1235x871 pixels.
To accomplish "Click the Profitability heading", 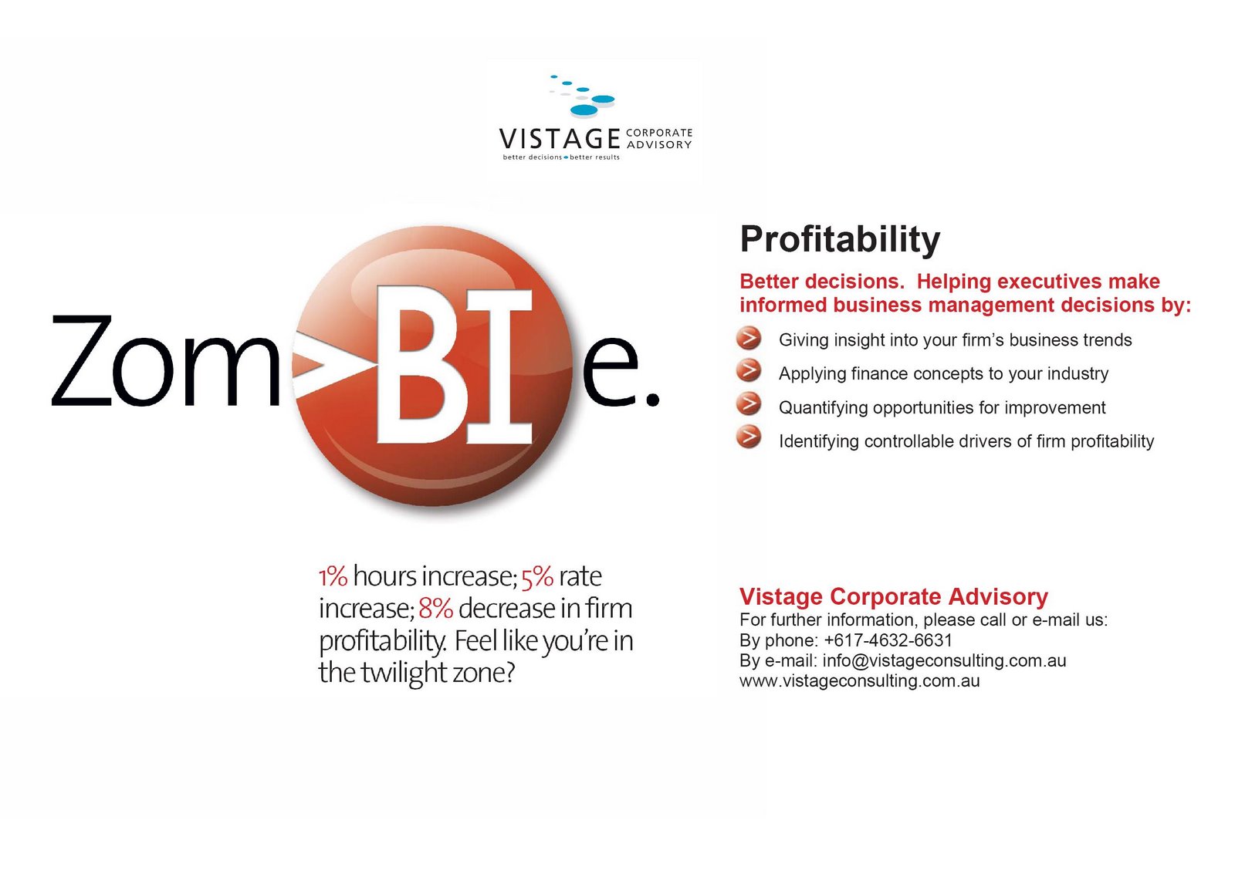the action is pos(840,240).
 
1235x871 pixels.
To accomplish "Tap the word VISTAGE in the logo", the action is pos(560,139).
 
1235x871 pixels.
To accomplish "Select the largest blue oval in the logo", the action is pos(584,110).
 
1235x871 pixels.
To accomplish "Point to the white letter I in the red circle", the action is pos(499,366).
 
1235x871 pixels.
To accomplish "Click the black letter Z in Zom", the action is pos(82,361).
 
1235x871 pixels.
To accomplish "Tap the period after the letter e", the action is pos(653,398).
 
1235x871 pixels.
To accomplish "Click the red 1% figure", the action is pos(333,577).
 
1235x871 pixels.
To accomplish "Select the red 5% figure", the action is pos(537,577).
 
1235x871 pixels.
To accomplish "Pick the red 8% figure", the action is pos(435,609).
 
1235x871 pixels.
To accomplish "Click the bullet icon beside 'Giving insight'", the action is pos(749,338).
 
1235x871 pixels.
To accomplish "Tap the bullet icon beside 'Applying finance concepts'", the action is pos(749,370).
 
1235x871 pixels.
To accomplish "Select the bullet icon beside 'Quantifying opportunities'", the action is pos(749,403).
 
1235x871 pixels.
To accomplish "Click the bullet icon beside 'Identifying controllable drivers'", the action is pos(749,437).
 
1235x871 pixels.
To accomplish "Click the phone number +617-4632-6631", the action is pos(888,640).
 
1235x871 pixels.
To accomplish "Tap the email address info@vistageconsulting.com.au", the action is pos(944,660).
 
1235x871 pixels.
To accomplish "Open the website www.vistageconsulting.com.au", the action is pos(860,681).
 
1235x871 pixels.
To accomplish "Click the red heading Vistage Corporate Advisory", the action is pos(893,596).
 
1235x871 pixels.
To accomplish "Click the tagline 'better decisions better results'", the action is pos(560,157).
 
